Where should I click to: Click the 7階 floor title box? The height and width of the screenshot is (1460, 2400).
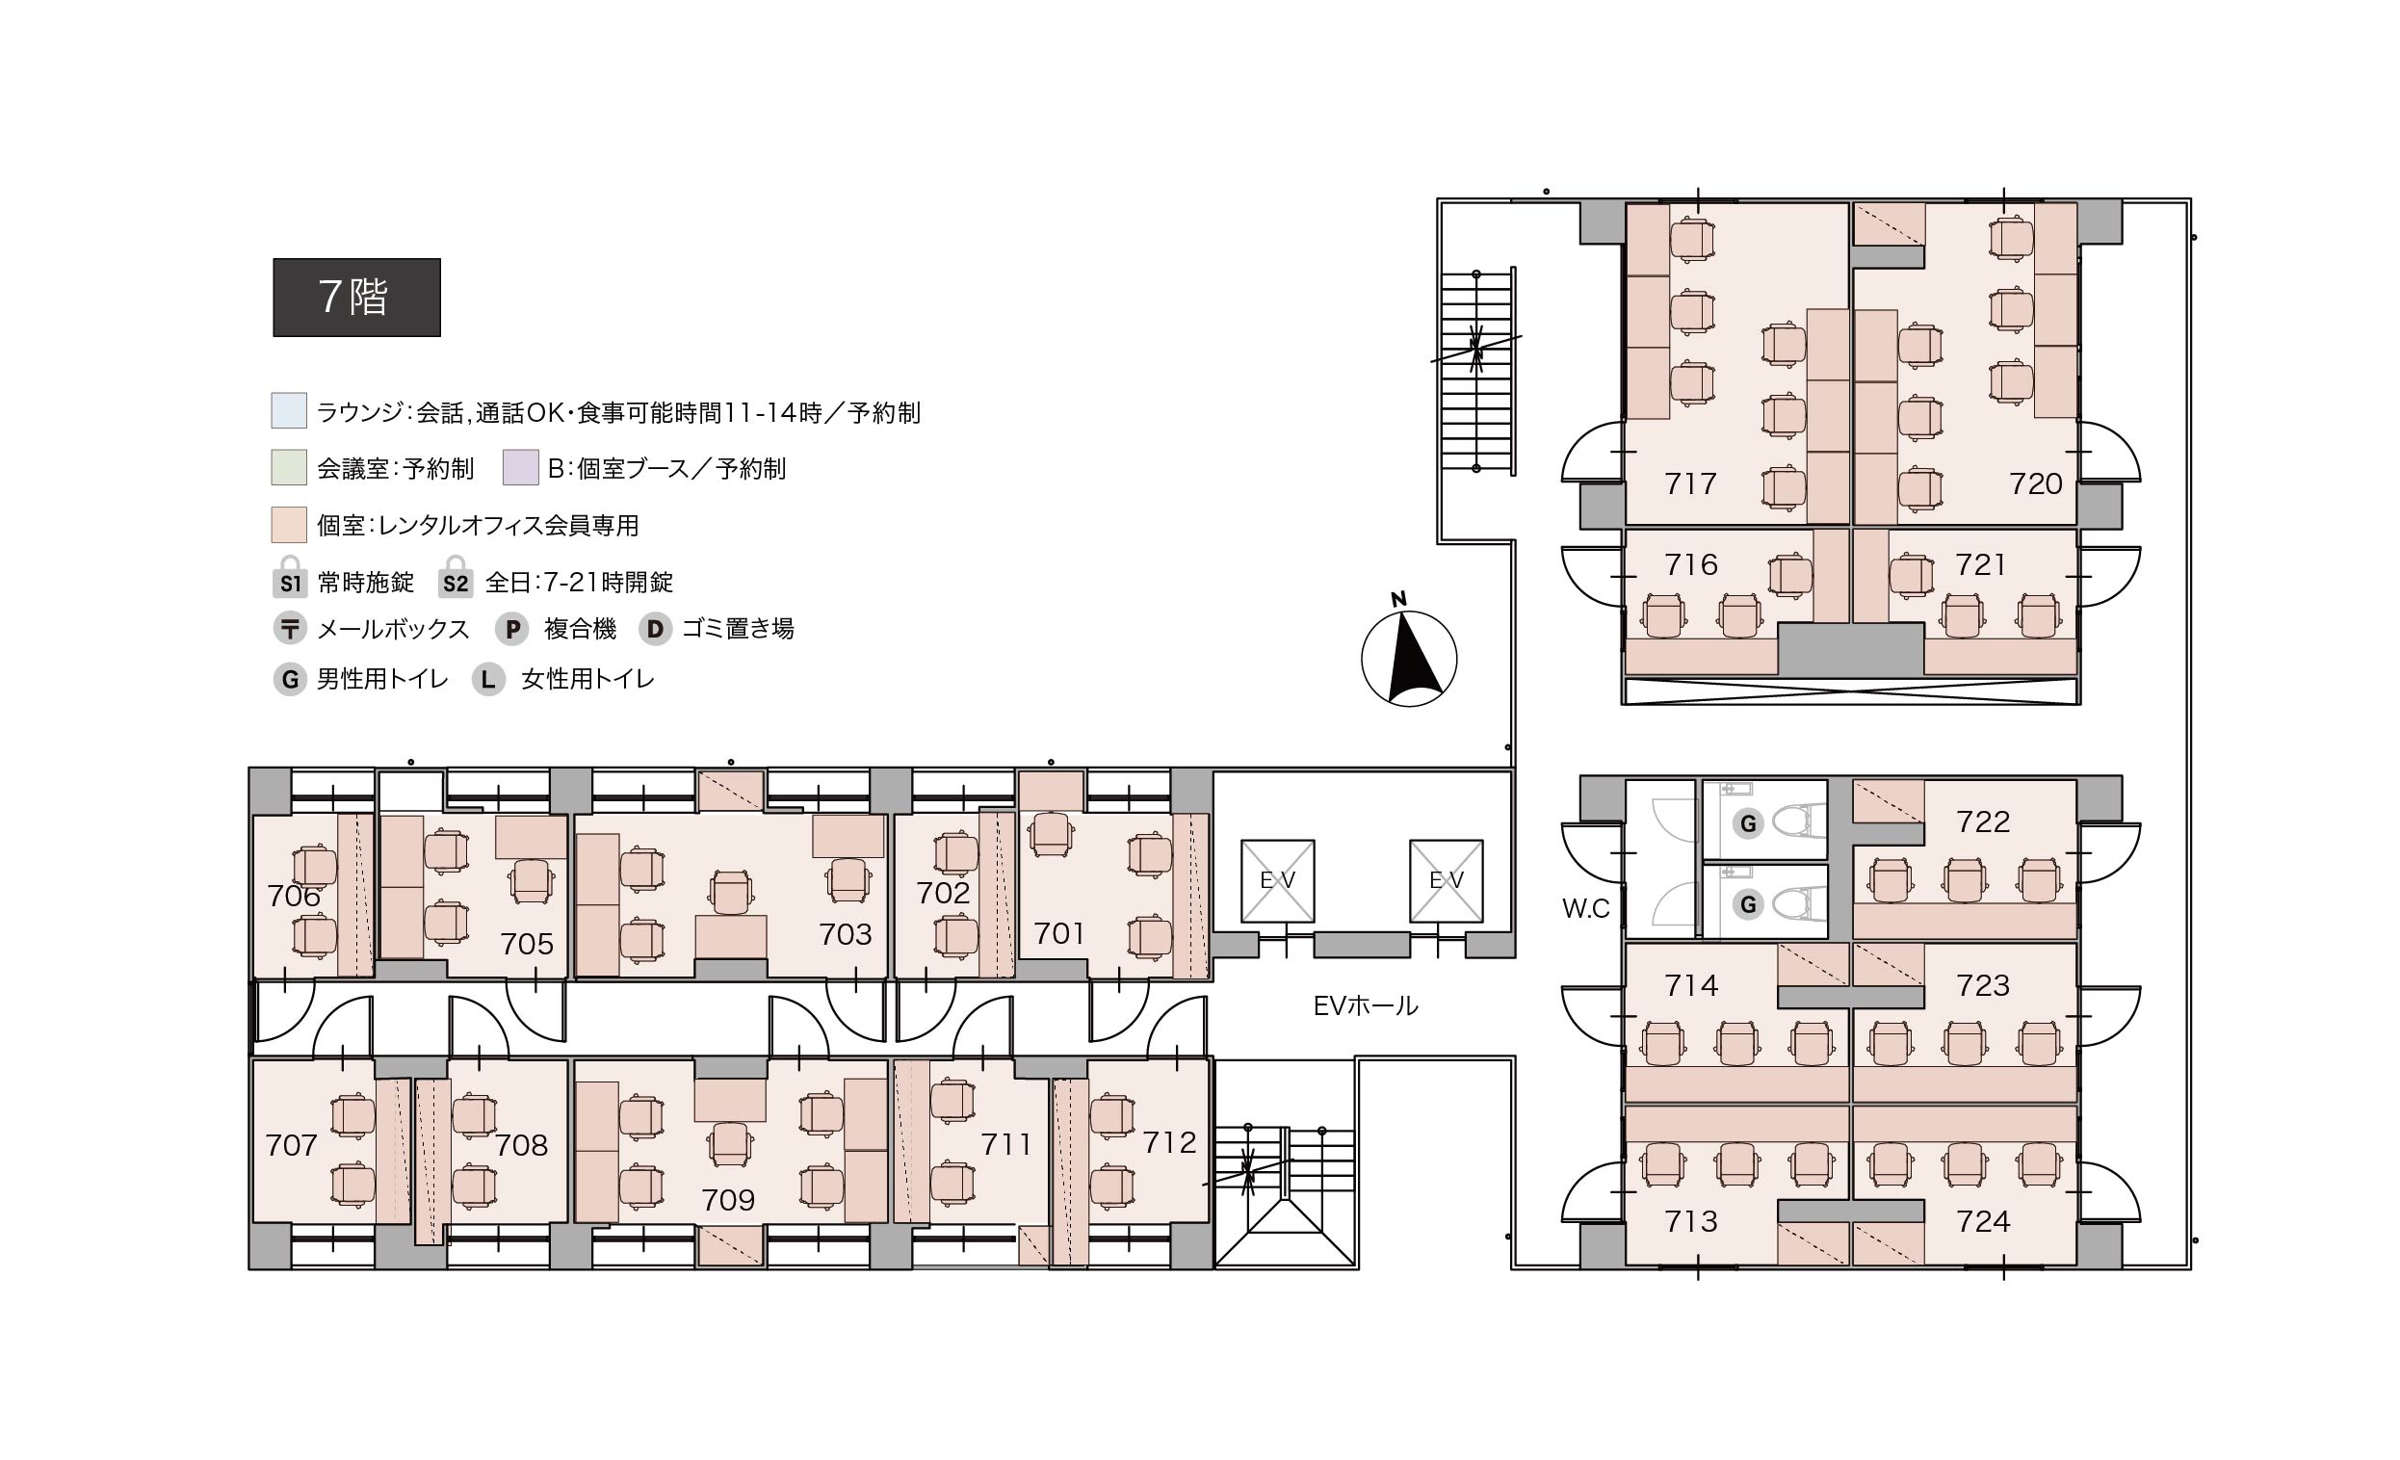[356, 297]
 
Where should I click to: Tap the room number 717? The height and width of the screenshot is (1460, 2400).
[1691, 483]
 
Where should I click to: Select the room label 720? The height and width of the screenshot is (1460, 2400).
[2036, 483]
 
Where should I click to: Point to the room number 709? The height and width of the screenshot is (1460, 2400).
[728, 1199]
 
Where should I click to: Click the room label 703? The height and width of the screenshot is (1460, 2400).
[846, 934]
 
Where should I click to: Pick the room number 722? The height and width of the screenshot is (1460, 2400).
[1983, 822]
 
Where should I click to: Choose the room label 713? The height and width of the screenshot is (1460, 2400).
[1691, 1220]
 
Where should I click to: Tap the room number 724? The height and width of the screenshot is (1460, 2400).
[1983, 1220]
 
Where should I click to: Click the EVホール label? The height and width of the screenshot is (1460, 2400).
[1366, 1006]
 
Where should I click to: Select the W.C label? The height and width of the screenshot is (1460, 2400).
[1585, 909]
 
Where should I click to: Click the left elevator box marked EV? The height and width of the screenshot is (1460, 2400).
[1278, 880]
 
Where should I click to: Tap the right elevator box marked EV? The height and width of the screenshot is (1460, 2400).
[1447, 880]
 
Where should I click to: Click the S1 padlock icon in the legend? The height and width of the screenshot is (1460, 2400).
[289, 577]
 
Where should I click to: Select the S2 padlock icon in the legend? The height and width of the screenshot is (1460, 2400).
[455, 577]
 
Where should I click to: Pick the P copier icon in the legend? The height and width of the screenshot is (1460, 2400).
[512, 629]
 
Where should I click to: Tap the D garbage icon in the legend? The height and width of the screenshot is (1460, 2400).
[656, 629]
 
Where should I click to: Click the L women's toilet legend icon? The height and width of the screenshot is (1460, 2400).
[488, 679]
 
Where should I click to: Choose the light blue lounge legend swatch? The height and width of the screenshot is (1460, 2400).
[289, 411]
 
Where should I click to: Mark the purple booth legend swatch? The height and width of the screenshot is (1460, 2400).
[521, 467]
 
